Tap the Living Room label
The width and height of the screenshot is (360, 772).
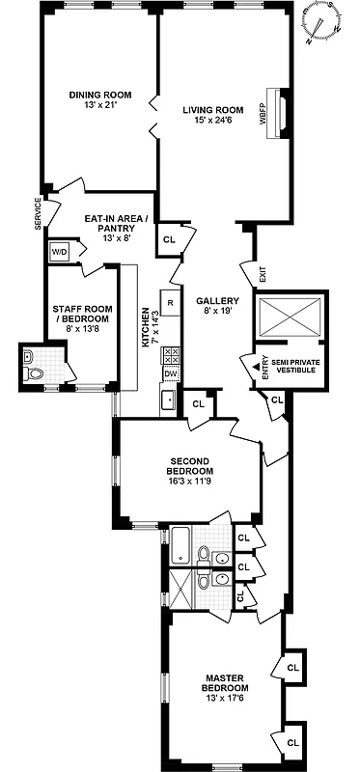210,116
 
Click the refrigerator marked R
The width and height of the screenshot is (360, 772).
170,302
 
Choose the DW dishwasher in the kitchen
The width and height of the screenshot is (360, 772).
170,374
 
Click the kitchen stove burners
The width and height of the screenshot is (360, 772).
170,354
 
